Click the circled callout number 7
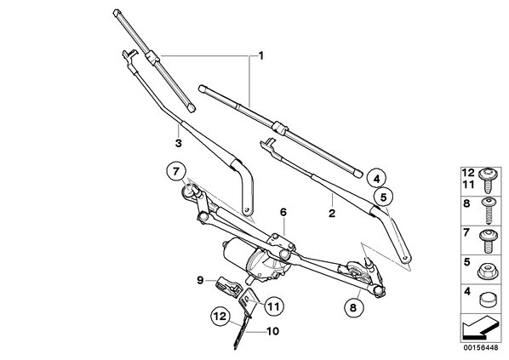pyautogui.click(x=175, y=171)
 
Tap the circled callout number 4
pyautogui.click(x=376, y=179)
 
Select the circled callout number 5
pyautogui.click(x=383, y=197)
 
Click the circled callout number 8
pyautogui.click(x=353, y=306)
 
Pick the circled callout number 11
pyautogui.click(x=274, y=306)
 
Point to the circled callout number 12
pyautogui.click(x=220, y=317)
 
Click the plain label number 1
pyautogui.click(x=260, y=56)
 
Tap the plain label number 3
pyautogui.click(x=178, y=143)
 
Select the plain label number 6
pyautogui.click(x=283, y=212)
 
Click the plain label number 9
pyautogui.click(x=200, y=279)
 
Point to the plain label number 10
pyautogui.click(x=272, y=331)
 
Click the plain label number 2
pyautogui.click(x=331, y=214)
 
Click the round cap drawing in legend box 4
pyautogui.click(x=489, y=300)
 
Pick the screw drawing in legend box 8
pyautogui.click(x=489, y=211)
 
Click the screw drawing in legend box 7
pyautogui.click(x=489, y=241)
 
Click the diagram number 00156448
pyautogui.click(x=480, y=348)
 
